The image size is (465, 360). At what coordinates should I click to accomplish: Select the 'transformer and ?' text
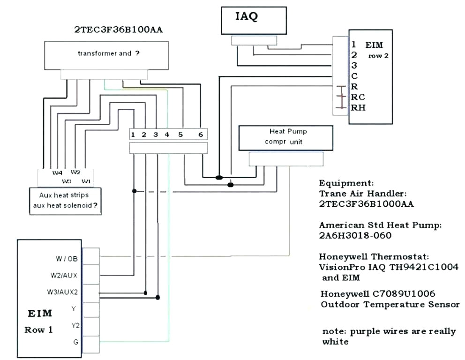pos(108,53)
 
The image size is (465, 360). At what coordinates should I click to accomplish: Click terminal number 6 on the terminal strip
pos(200,135)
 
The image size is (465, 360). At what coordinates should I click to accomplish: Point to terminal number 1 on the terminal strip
pos(134,135)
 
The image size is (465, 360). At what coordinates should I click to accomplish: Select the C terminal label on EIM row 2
pos(354,76)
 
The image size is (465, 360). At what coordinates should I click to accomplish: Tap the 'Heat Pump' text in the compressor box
pos(288,132)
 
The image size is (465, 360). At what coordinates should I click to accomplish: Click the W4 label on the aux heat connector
pos(58,172)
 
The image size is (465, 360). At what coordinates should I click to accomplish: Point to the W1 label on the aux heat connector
pos(86,180)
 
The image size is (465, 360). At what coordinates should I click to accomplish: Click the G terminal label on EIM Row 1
pos(75,343)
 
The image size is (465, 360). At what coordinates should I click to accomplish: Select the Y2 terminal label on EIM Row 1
pos(75,325)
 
